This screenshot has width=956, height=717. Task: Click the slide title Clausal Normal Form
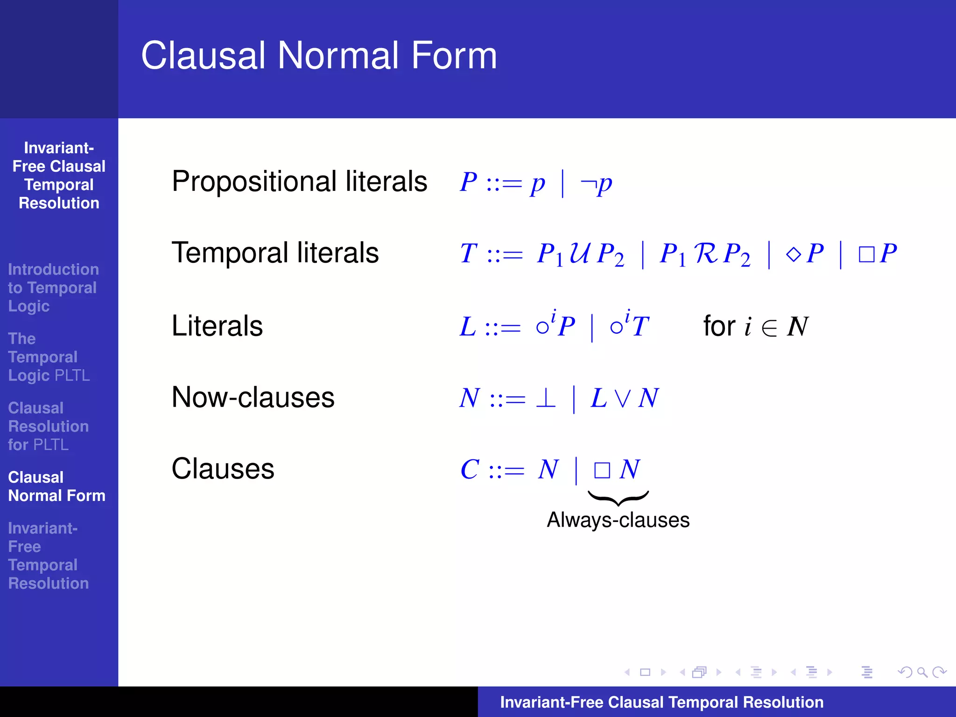tap(319, 56)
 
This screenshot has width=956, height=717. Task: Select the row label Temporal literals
tap(275, 253)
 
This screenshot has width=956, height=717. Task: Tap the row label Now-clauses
tap(253, 397)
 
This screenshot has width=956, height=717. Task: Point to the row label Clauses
tap(223, 469)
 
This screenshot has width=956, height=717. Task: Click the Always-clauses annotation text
tap(618, 520)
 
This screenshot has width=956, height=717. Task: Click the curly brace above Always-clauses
tap(618, 498)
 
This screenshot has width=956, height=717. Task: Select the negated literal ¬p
tap(596, 183)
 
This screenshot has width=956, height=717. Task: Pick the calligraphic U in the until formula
tap(580, 253)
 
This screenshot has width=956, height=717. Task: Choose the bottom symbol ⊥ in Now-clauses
tap(546, 398)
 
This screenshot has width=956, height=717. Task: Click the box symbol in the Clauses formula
tap(602, 470)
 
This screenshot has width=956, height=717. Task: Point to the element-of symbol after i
tap(769, 328)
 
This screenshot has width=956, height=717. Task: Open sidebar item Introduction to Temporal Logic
tap(53, 288)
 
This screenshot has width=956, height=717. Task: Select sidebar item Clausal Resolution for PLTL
tap(48, 426)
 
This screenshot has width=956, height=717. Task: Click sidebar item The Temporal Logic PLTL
tap(49, 357)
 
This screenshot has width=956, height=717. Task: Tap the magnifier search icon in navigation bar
tap(922, 672)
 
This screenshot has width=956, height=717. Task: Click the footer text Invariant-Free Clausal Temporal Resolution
tap(661, 702)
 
